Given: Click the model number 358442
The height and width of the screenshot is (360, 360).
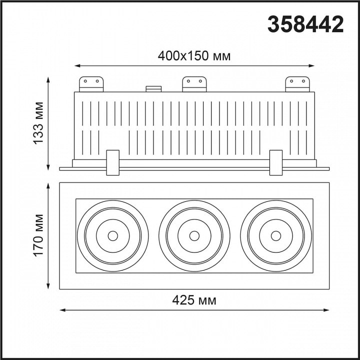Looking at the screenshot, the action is tap(305, 24).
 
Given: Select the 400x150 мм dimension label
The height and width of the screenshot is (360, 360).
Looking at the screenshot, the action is tap(194, 56).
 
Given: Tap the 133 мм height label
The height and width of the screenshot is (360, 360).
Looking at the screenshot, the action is tap(38, 123).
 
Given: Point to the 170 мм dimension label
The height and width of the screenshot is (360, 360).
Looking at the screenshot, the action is tap(38, 235).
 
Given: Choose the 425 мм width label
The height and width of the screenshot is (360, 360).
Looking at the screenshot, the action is tap(194, 300).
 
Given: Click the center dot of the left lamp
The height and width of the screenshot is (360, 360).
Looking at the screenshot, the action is tap(112, 236).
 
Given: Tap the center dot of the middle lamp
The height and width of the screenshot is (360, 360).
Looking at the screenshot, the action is tap(194, 236).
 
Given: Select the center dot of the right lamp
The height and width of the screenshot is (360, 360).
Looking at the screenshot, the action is tap(275, 236).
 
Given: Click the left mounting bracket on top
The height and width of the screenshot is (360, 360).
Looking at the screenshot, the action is tap(91, 84).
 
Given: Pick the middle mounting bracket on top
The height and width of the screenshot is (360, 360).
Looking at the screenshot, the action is tap(194, 84).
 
